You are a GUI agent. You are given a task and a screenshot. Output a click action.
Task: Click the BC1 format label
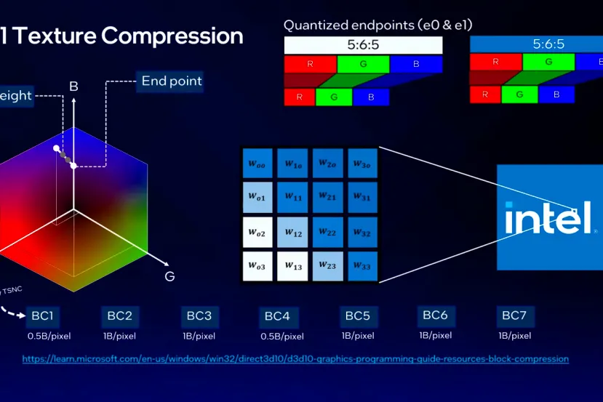(x=42, y=316)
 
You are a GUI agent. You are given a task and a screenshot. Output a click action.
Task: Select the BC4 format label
(x=277, y=316)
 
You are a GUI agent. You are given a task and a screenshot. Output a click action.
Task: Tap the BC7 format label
(x=516, y=316)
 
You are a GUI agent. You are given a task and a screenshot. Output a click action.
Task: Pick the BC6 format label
(x=435, y=315)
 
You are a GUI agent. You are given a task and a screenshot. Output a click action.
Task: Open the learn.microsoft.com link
(x=295, y=359)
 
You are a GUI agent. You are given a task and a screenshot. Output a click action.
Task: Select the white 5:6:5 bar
(x=363, y=45)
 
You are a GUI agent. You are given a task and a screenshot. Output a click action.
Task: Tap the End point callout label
(x=172, y=81)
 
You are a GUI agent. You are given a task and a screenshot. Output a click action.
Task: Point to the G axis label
(x=169, y=276)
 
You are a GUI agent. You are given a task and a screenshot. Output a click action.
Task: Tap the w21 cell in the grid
(x=327, y=198)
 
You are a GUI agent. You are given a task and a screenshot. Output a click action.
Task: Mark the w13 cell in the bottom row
(x=293, y=267)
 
